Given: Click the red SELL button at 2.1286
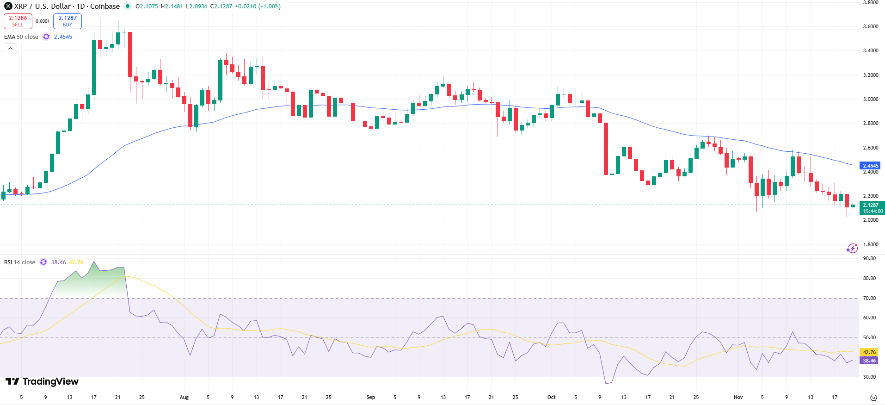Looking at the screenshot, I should click(x=18, y=21).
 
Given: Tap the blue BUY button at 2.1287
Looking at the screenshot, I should click(x=68, y=21).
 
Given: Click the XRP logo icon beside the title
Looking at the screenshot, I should click(x=8, y=6).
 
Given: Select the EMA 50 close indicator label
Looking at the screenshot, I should click(x=21, y=37).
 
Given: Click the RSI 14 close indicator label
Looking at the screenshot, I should click(x=20, y=262).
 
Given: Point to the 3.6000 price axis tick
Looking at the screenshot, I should click(x=871, y=26).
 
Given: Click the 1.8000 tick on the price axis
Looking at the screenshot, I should click(x=871, y=244).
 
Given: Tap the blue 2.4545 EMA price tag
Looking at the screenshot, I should click(x=870, y=166).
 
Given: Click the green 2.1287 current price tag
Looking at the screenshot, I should click(x=871, y=205).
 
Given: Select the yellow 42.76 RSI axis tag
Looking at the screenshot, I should click(x=869, y=352).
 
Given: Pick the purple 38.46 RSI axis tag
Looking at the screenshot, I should click(x=869, y=361).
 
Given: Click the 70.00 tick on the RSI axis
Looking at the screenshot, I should click(x=869, y=298).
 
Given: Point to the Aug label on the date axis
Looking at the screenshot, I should click(x=184, y=397).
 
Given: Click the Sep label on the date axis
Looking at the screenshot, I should click(x=370, y=397).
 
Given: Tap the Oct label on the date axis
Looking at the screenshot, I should click(x=551, y=397).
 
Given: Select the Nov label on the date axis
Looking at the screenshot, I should click(x=738, y=397).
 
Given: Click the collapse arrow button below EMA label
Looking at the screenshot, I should click(x=11, y=48).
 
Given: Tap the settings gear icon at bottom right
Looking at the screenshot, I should click(x=873, y=398).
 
